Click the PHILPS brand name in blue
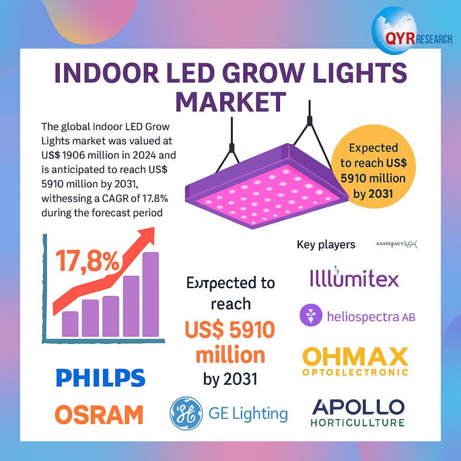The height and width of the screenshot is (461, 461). (100, 379)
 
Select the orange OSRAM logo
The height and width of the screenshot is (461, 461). (100, 414)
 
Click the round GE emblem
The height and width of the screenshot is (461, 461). (185, 413)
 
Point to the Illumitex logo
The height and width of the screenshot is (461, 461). (353, 279)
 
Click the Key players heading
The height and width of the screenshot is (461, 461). (326, 245)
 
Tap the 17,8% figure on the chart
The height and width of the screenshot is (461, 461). (88, 261)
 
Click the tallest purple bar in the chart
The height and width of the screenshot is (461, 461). (150, 294)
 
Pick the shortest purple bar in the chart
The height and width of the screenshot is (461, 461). (70, 323)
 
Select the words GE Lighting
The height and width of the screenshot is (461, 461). (248, 413)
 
